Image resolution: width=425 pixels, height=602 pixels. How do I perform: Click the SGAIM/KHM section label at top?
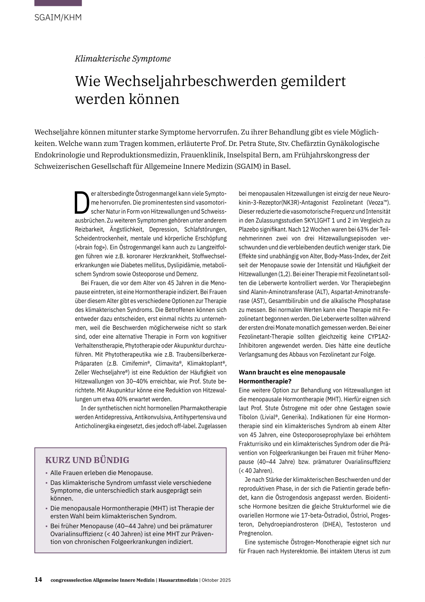58,17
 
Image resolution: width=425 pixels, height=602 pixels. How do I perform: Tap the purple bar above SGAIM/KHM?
58,3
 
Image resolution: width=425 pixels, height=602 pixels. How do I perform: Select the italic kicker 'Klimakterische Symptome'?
123,59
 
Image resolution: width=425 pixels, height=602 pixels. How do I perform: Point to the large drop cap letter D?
82,202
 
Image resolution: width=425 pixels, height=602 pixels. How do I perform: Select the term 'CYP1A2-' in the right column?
379,337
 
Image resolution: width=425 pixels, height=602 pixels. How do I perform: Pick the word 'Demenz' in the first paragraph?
187,274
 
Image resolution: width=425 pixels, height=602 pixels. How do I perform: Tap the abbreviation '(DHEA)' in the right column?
332,525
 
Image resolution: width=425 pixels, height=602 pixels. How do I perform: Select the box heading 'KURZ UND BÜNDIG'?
87,460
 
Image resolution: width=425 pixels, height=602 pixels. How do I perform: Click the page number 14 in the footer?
38,580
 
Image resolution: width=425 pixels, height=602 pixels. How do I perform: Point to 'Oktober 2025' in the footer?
216,580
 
